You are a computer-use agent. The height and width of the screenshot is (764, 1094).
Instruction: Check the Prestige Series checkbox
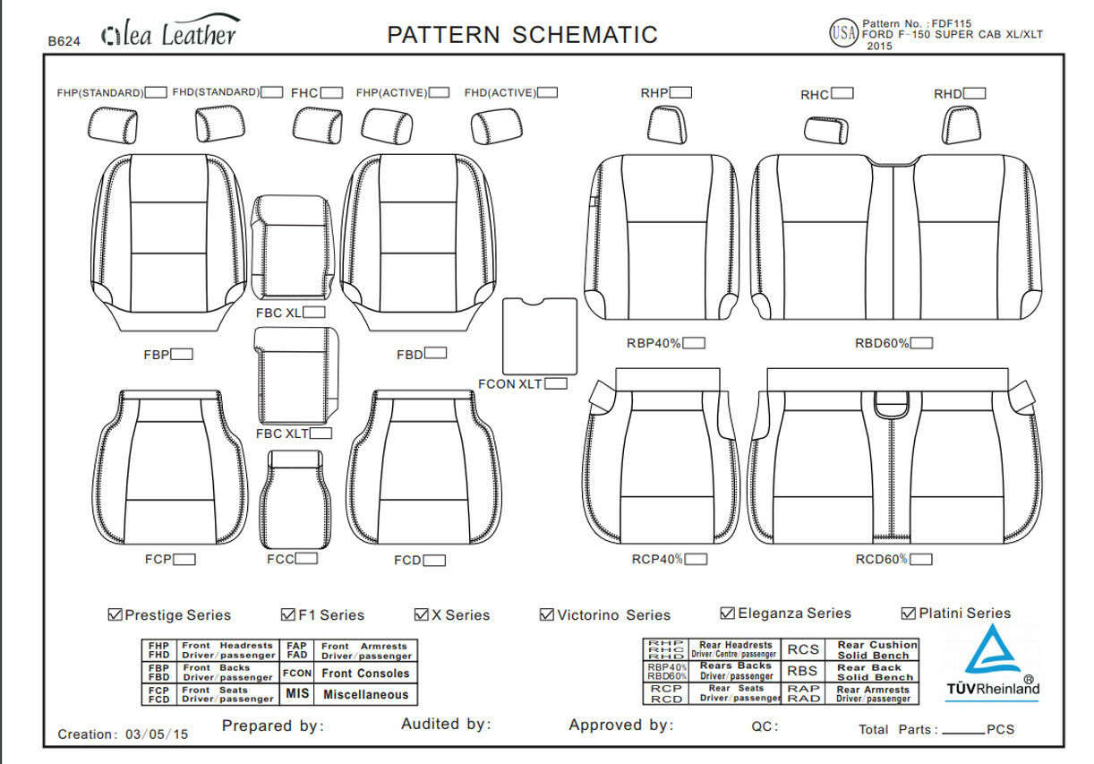[x=115, y=615]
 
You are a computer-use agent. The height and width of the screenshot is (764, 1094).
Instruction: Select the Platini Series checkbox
[x=909, y=614]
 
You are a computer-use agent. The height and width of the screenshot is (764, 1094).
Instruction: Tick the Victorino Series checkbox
[x=547, y=615]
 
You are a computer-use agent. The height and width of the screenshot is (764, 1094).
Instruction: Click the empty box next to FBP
[x=182, y=355]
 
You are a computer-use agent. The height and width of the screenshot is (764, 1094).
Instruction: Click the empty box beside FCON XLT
[x=556, y=384]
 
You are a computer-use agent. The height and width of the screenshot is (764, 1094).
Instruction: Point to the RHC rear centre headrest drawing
[x=825, y=130]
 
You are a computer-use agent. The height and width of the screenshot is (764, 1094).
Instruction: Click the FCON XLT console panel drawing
[x=539, y=335]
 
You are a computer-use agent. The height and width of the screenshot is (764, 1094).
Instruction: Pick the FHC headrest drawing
[x=318, y=125]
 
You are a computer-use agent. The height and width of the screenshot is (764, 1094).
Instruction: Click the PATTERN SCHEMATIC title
[x=522, y=35]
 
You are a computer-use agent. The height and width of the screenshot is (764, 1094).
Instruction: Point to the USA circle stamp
[x=843, y=34]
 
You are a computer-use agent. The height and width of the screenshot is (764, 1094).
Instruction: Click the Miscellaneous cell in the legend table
[x=365, y=694]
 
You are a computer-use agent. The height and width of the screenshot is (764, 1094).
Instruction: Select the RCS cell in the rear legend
[x=802, y=649]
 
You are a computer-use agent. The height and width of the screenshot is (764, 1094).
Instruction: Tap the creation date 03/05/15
[x=157, y=734]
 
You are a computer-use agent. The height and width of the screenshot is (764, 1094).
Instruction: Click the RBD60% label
[x=882, y=343]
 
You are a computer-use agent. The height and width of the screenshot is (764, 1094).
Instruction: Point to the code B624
[x=64, y=40]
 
